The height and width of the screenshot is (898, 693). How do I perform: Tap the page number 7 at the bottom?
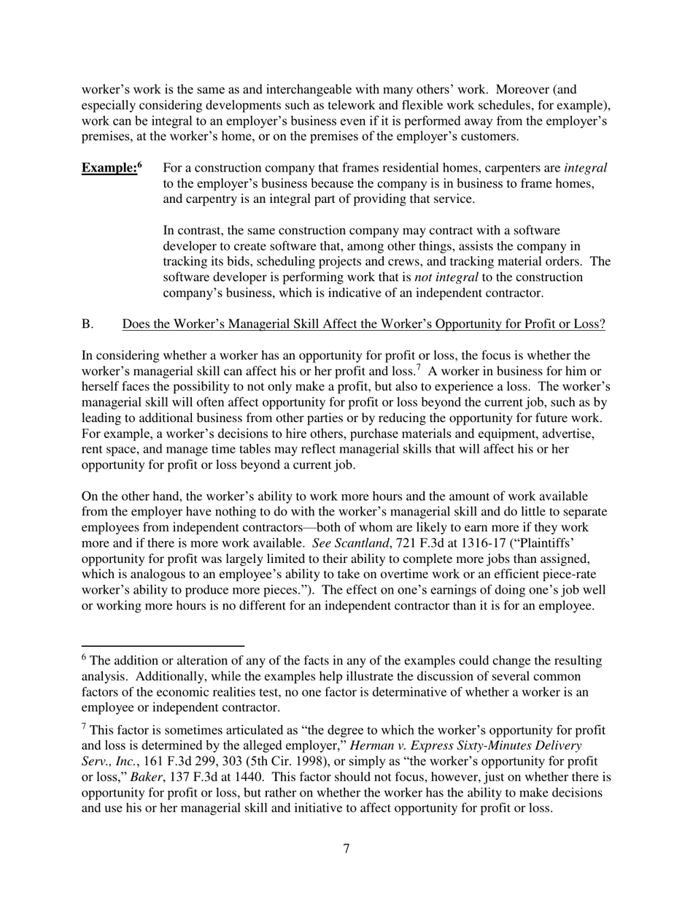coord(346,848)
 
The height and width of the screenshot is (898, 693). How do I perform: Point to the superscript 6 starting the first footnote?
coord(84,658)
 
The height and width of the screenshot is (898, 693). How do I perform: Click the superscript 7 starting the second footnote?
coord(84,727)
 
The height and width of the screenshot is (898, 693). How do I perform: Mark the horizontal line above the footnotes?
coord(162,646)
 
